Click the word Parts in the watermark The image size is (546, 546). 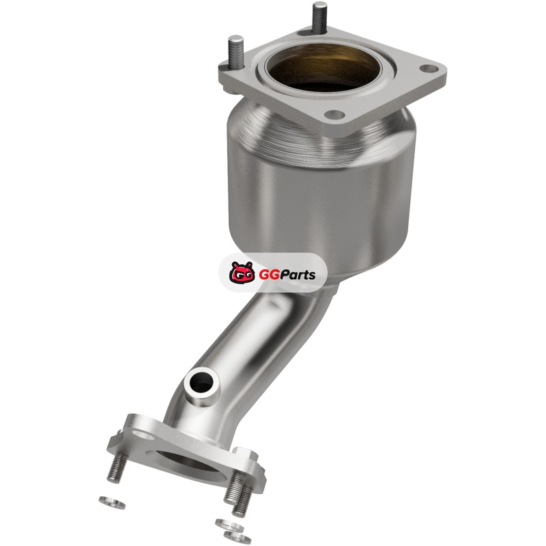pos(298,274)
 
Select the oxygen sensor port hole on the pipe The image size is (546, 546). pos(201,384)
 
